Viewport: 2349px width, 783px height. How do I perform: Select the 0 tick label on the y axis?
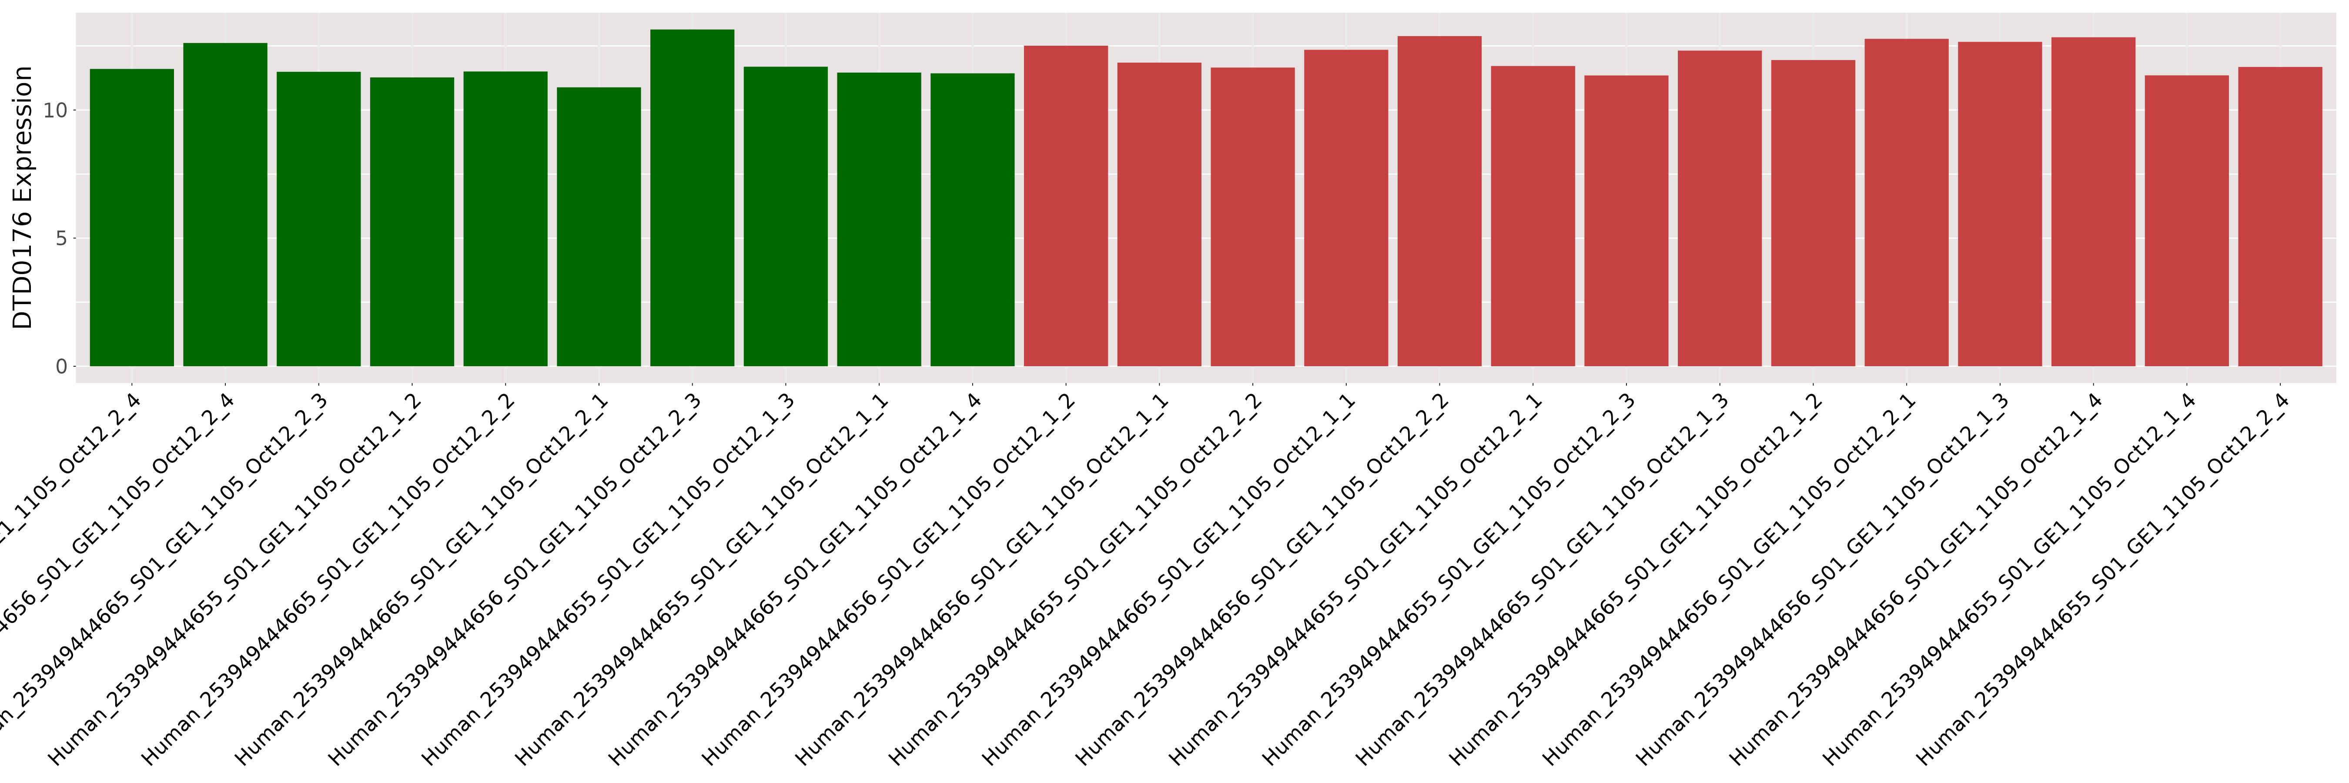(61, 366)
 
